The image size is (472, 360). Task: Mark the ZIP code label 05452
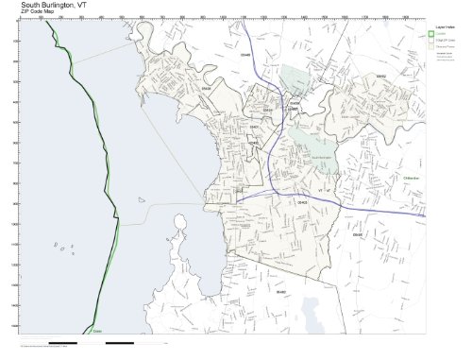click(x=382, y=75)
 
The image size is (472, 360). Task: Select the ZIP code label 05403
click(x=303, y=202)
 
